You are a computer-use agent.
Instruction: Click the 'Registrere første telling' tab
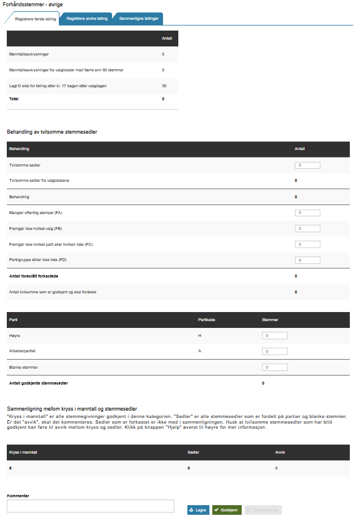pos(35,19)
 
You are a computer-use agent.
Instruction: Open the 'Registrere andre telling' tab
pos(87,19)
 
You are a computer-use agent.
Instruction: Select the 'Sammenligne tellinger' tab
pos(139,19)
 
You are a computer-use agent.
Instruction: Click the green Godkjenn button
pos(227,510)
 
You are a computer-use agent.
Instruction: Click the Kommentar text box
pos(90,506)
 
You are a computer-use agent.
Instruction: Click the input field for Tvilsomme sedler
pos(307,165)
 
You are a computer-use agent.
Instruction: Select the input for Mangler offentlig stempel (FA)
pos(307,213)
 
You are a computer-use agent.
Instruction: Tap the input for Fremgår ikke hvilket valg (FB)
pos(307,229)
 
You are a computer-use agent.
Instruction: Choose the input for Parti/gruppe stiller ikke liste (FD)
pos(307,260)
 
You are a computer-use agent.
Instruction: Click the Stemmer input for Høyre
pos(275,336)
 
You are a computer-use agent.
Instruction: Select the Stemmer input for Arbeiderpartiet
pos(275,352)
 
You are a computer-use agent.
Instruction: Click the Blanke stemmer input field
pos(275,368)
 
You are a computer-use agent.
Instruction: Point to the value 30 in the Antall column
pos(164,86)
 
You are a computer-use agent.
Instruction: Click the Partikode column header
pos(206,319)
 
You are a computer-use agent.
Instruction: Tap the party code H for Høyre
pos(199,336)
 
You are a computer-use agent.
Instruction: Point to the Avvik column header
pos(280,453)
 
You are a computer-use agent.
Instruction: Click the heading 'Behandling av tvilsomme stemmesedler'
pos(52,132)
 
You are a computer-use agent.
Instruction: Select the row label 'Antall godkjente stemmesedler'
pos(39,383)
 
